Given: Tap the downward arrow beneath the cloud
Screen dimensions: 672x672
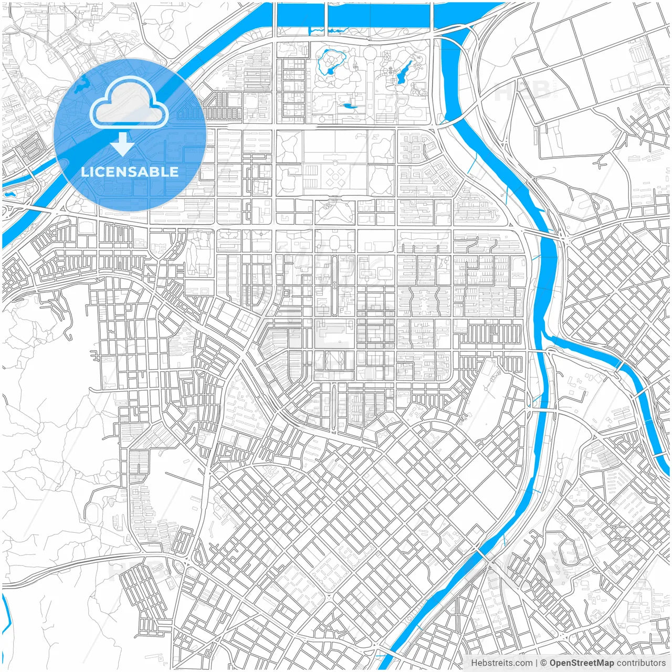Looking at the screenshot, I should coord(123,144).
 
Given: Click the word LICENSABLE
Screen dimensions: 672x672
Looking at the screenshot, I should coord(130,172).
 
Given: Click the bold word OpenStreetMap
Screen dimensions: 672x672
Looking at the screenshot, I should coord(582,663).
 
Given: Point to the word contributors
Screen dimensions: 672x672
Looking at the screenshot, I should coord(641,663).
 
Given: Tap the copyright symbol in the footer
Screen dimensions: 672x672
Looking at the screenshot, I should coord(544,663).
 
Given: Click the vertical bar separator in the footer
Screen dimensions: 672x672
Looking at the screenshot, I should coord(537,663).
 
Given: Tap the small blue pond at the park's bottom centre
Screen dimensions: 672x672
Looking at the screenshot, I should coord(348,107).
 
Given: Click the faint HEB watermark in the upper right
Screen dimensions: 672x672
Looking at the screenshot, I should coord(522,90).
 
